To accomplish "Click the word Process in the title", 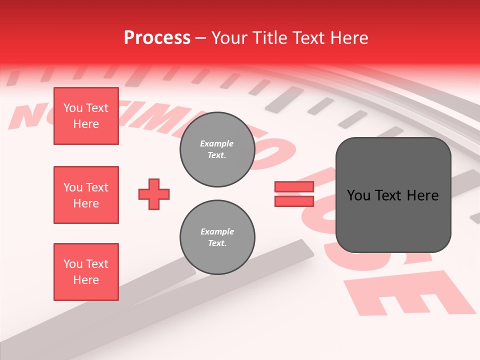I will [x=157, y=38].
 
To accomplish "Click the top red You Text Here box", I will [x=86, y=116].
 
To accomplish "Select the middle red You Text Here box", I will [x=86, y=195].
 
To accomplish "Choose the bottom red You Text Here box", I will [x=86, y=272].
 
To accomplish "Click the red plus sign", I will [x=154, y=194].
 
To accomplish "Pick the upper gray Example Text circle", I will [x=217, y=149].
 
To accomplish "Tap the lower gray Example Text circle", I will [x=217, y=237].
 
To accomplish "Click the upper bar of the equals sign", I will [x=294, y=186].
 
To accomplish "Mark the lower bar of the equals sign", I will [x=294, y=201].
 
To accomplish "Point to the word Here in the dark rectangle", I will [x=423, y=195].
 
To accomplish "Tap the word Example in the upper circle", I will [x=217, y=143].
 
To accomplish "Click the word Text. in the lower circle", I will [x=217, y=243].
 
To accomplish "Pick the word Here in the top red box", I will [x=86, y=124].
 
